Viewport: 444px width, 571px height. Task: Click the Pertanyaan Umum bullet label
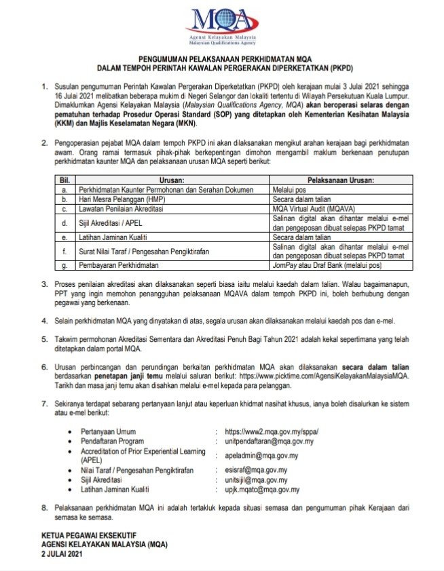[108, 431]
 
